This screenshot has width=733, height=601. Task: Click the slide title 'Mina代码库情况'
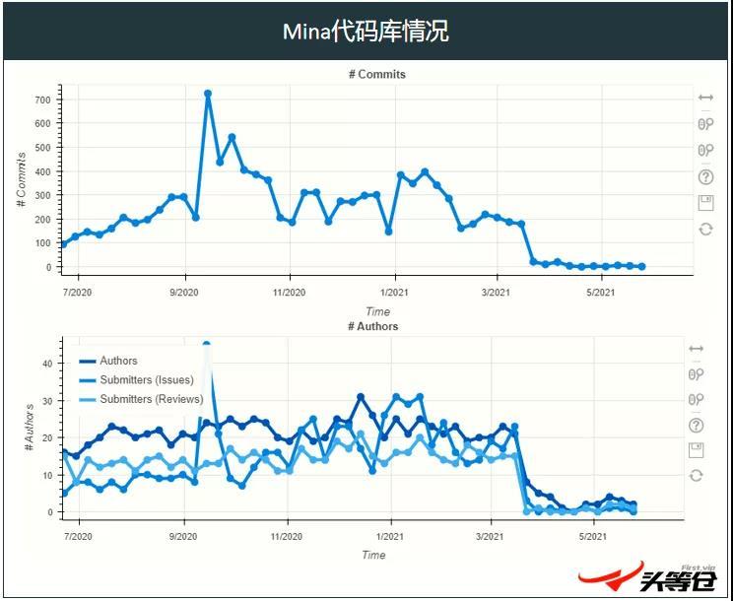366,32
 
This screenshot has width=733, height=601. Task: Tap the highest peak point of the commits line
208,94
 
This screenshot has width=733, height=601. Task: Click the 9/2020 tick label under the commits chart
184,293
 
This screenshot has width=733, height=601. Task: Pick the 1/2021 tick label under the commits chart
394,293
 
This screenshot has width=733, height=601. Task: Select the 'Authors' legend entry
118,361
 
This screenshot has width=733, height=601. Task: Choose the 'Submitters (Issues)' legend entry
147,379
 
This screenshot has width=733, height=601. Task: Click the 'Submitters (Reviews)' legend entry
151,399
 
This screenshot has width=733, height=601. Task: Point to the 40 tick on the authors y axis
45,364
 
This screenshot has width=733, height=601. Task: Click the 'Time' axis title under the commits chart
377,311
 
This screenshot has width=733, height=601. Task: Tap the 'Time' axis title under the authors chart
373,555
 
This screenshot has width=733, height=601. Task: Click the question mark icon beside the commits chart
705,177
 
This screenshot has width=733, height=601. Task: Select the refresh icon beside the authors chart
697,475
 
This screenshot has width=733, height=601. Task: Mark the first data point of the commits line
64,244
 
